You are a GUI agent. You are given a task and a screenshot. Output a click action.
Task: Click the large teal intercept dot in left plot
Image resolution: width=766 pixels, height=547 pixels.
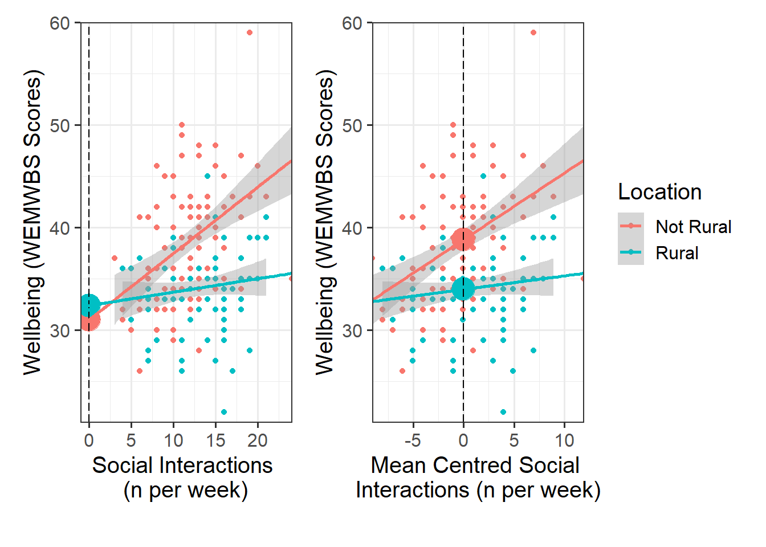[89, 305]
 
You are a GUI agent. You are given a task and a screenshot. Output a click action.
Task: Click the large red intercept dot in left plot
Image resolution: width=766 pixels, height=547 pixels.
[89, 320]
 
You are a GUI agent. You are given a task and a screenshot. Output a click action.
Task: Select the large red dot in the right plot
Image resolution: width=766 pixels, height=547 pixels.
[463, 239]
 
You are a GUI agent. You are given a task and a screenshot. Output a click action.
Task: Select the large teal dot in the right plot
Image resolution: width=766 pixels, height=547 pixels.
[463, 288]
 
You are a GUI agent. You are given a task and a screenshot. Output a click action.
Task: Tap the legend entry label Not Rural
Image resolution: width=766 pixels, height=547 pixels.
[693, 227]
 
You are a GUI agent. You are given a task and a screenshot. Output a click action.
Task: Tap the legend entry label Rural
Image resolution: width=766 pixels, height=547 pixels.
[677, 253]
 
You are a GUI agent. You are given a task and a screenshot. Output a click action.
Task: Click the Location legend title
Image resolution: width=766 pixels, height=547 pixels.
[659, 192]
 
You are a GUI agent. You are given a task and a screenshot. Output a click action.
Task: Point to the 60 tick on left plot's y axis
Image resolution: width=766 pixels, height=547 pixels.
[59, 23]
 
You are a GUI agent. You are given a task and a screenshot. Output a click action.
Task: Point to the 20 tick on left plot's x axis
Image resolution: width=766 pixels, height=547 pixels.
[258, 440]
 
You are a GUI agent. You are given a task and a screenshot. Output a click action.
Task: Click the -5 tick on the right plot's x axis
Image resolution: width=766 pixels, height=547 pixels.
[412, 440]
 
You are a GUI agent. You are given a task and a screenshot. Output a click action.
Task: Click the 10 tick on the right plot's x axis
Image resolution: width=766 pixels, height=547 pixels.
[565, 440]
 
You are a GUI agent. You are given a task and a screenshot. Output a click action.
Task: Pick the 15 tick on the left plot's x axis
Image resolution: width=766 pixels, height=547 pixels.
[215, 440]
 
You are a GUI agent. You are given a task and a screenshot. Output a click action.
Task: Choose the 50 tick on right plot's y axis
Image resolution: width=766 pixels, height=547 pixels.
[352, 125]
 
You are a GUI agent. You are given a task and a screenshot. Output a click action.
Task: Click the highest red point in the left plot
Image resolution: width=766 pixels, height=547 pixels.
[250, 32]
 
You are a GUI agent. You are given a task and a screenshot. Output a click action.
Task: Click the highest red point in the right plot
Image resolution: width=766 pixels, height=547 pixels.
[533, 32]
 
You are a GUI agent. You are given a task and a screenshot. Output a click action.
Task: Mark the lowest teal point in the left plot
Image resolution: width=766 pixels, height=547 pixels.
[224, 412]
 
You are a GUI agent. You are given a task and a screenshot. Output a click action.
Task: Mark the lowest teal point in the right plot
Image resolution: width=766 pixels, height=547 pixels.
[503, 412]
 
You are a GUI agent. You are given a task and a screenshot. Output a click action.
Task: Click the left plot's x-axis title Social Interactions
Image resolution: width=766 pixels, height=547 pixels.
[182, 466]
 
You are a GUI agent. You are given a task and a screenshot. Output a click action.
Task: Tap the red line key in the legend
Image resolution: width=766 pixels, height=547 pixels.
[631, 226]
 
